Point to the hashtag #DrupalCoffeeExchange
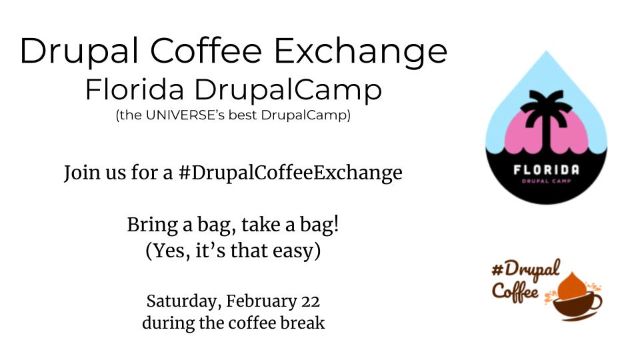[x=290, y=173]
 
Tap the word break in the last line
[x=305, y=323]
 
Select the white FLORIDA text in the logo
[x=546, y=169]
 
